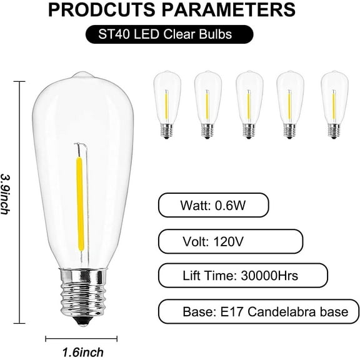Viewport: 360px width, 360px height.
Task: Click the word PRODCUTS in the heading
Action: [x=116, y=10]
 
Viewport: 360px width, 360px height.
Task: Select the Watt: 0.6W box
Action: [x=214, y=204]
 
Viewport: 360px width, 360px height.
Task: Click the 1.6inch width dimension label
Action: [x=83, y=352]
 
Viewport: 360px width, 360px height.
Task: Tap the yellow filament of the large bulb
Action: [x=79, y=207]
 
